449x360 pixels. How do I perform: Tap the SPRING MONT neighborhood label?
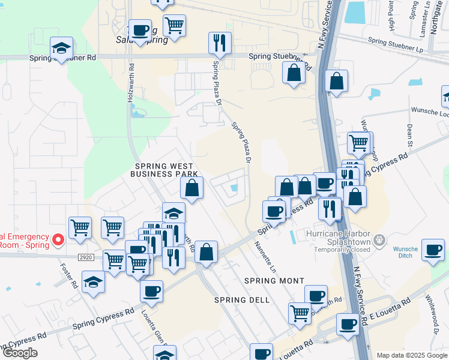(x=274, y=281)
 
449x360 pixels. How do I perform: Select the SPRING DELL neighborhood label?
(x=238, y=300)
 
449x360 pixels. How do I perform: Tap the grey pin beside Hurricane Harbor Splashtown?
(x=379, y=241)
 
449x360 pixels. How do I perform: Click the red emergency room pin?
(x=58, y=240)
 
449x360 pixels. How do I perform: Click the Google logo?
(x=19, y=353)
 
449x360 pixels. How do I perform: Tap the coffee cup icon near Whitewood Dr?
(x=433, y=250)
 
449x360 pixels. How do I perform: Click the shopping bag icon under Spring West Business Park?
(x=191, y=188)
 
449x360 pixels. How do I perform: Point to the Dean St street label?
(x=410, y=136)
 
